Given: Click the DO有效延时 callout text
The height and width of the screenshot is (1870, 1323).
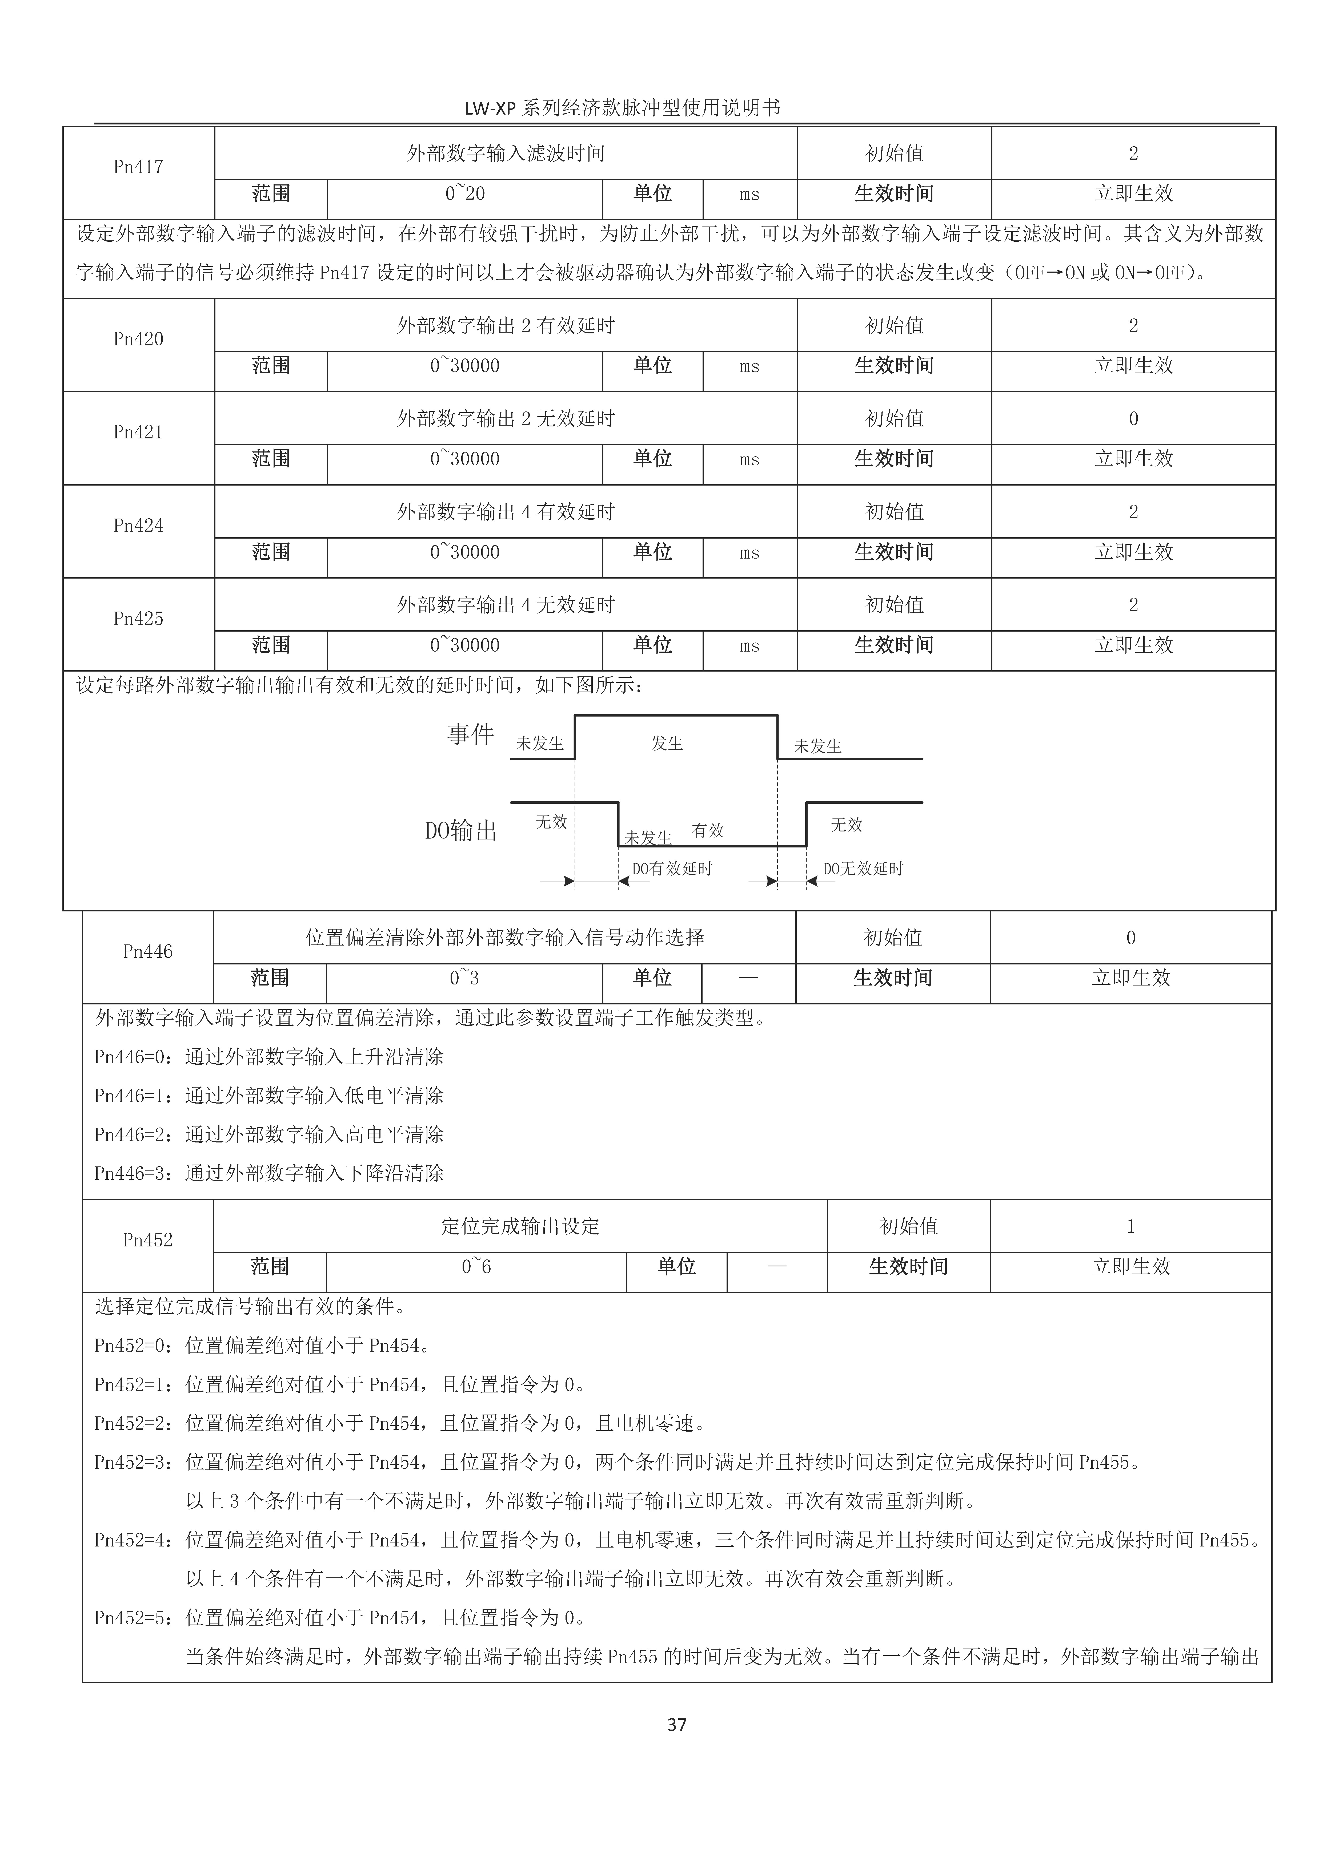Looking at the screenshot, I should point(672,869).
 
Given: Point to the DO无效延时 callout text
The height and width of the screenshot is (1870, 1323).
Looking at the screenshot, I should point(863,869).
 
